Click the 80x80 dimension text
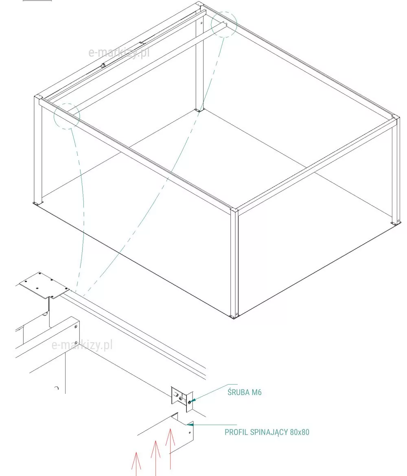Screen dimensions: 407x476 pyautogui.click(x=300, y=432)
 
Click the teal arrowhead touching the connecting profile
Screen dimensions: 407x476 pyautogui.click(x=190, y=424)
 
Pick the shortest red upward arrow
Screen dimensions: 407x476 pyautogui.click(x=136, y=464)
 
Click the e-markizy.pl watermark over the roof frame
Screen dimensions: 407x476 pyautogui.click(x=119, y=52)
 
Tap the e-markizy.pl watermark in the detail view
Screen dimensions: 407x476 pyautogui.click(x=82, y=345)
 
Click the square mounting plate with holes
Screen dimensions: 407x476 pyautogui.click(x=44, y=285)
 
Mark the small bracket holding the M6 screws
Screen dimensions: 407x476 pyautogui.click(x=182, y=399)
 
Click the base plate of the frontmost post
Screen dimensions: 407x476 pyautogui.click(x=234, y=317)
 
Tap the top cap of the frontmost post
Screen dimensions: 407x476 pyautogui.click(x=234, y=209)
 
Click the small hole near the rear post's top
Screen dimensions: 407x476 pyautogui.click(x=201, y=22)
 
